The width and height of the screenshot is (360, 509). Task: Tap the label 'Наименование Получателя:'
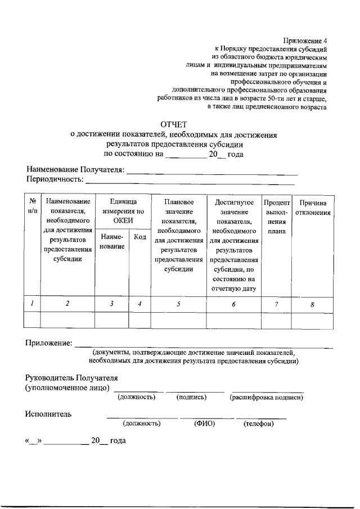pyautogui.click(x=75, y=170)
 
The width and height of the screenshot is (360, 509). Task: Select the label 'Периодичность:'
pyautogui.click(x=55, y=180)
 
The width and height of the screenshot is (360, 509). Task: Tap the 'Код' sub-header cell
pyautogui.click(x=140, y=237)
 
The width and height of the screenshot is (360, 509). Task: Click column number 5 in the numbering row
pyautogui.click(x=178, y=304)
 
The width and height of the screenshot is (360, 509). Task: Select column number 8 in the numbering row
pyautogui.click(x=312, y=304)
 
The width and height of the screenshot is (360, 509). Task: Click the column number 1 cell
pyautogui.click(x=33, y=304)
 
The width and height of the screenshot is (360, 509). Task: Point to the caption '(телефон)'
pyautogui.click(x=258, y=424)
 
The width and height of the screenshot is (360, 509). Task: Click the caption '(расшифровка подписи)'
pyautogui.click(x=266, y=397)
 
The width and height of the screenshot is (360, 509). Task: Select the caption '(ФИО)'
pyautogui.click(x=201, y=424)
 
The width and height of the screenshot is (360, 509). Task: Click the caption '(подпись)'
pyautogui.click(x=192, y=397)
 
